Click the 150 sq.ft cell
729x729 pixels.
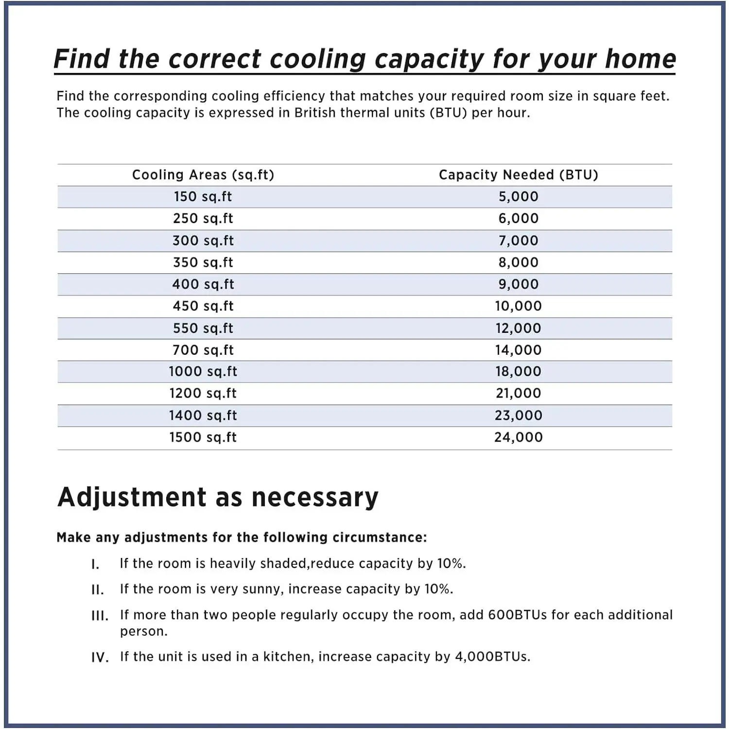(x=203, y=197)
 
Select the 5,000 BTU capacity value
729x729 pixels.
(x=518, y=197)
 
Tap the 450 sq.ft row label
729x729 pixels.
(x=203, y=306)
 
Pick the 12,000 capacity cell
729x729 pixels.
(x=518, y=328)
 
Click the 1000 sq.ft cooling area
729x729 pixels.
(x=203, y=372)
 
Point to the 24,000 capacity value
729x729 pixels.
(x=518, y=437)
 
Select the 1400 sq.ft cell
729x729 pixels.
(x=203, y=416)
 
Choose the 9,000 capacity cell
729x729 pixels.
(x=518, y=284)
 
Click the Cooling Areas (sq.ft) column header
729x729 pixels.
(x=203, y=175)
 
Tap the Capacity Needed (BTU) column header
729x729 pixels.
(x=518, y=175)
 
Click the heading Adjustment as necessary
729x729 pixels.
(x=218, y=497)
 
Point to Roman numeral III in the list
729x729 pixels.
(x=100, y=616)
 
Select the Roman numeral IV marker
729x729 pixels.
(x=100, y=658)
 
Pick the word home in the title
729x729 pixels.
(x=640, y=59)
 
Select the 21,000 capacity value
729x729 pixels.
(x=518, y=394)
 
